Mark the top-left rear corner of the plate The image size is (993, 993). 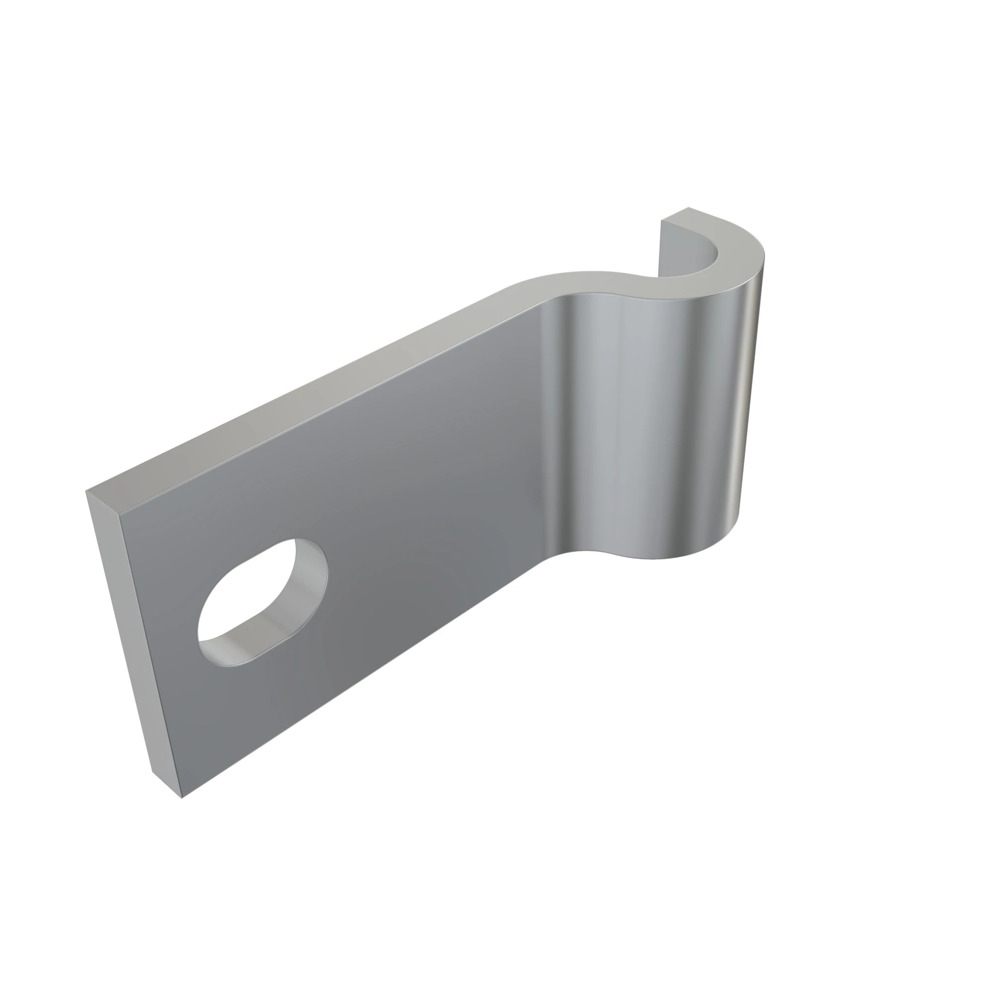click(86, 492)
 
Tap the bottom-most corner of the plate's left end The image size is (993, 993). click(182, 798)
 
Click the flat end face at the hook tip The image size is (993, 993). click(673, 216)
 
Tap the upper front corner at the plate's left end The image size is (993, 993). click(119, 513)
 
